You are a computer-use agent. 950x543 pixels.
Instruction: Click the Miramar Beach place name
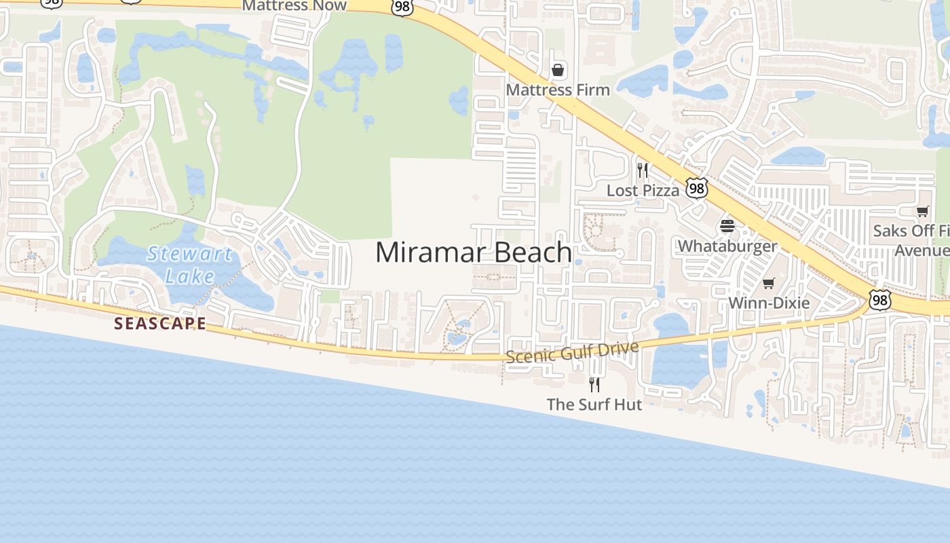(474, 252)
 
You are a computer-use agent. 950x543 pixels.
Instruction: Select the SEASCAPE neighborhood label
(160, 323)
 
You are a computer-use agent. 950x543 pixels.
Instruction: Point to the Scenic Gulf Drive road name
(572, 352)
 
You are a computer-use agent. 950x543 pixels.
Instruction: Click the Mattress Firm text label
(558, 90)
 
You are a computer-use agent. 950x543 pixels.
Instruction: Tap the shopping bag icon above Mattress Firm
(558, 70)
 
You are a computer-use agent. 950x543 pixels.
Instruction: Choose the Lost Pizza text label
(643, 191)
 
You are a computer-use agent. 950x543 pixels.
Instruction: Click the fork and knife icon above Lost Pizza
(643, 170)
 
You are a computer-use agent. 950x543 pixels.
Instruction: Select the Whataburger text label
(727, 246)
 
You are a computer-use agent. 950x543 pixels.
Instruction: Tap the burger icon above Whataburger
(727, 226)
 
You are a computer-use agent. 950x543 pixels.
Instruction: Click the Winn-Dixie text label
(769, 303)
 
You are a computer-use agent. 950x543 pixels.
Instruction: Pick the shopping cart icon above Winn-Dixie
(768, 283)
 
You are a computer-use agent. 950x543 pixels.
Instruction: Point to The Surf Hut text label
(594, 405)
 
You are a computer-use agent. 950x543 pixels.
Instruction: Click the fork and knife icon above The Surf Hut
(594, 385)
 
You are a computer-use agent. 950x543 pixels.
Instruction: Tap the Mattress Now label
(294, 5)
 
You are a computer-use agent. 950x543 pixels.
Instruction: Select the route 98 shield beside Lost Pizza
(696, 188)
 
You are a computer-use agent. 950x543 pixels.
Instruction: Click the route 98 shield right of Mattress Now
(402, 6)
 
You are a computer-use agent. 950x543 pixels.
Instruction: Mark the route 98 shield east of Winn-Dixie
(880, 300)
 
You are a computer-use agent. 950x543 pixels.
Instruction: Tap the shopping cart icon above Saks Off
(922, 212)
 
